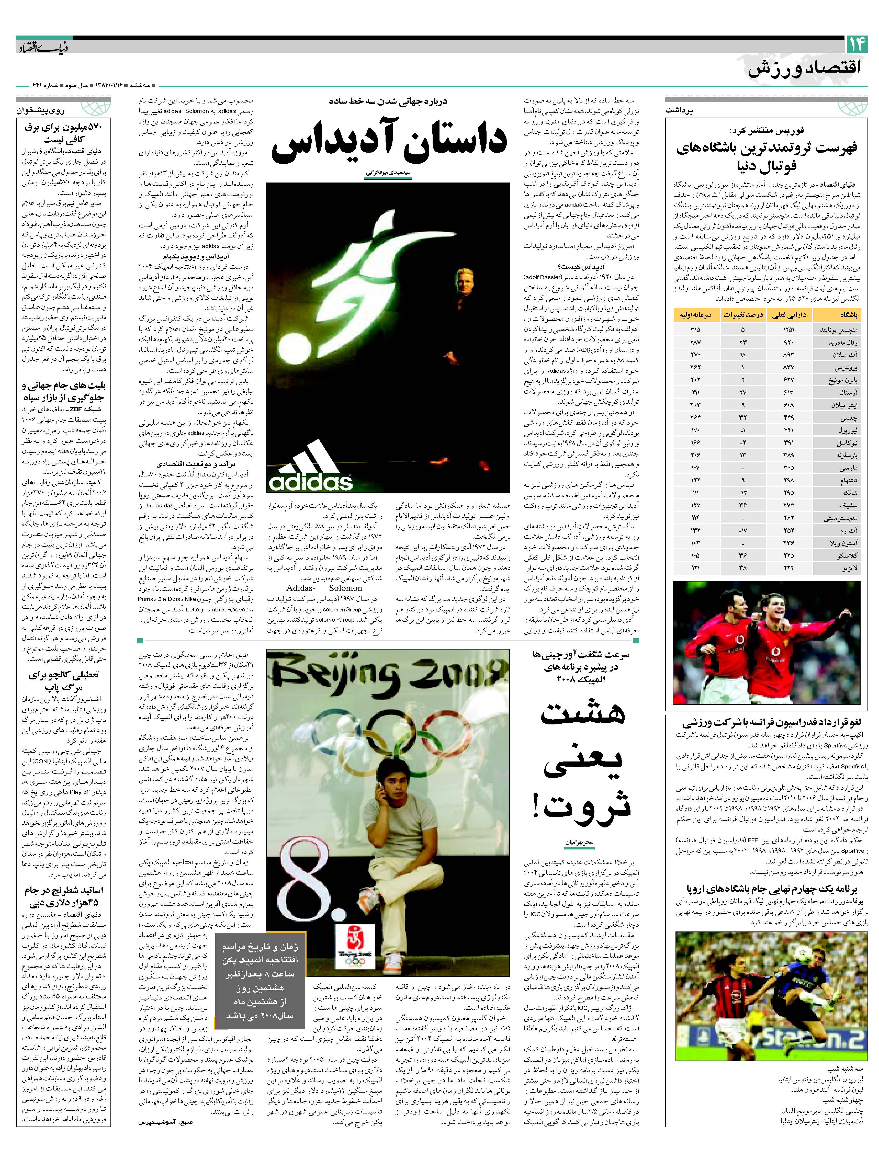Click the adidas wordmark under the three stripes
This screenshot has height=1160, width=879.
(x=310, y=481)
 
